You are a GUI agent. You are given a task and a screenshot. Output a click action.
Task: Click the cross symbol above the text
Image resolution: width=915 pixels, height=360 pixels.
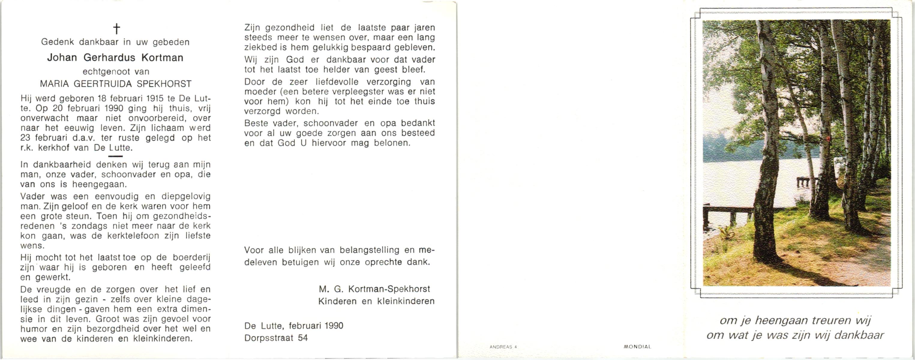tap(116, 28)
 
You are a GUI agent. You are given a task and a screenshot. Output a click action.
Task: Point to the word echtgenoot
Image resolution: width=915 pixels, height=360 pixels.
tap(106, 72)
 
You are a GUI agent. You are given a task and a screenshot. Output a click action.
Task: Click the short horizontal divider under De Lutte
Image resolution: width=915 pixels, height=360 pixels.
tap(115, 156)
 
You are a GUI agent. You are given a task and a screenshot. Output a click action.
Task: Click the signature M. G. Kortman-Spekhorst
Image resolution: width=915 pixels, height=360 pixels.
tap(374, 289)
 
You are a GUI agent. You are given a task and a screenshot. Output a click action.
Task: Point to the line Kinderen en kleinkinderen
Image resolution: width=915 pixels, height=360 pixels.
tap(376, 301)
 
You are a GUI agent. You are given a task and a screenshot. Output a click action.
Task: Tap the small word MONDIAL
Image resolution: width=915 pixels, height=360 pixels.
tap(637, 346)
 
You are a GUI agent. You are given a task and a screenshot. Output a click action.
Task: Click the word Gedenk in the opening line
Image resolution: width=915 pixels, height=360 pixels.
tap(58, 42)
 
